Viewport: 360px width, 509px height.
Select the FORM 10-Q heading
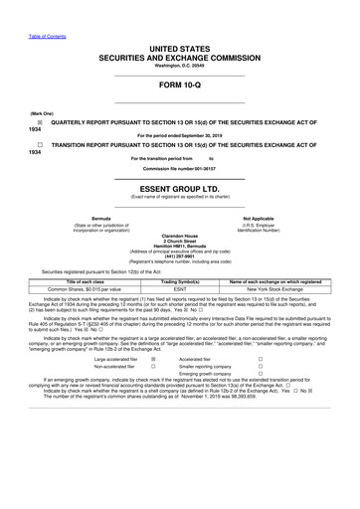coord(179,85)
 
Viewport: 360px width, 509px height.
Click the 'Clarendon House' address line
coord(179,236)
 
